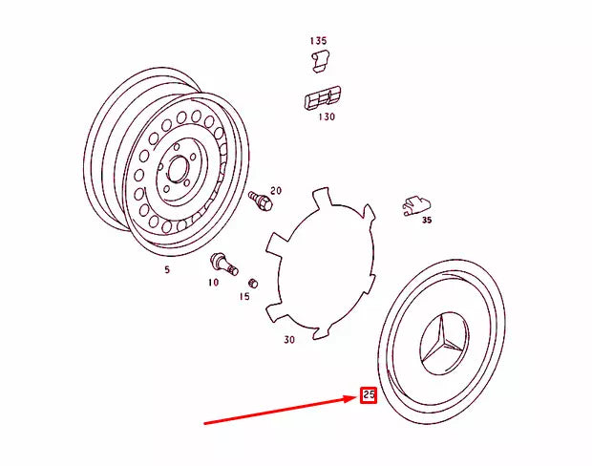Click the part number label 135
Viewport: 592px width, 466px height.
click(x=318, y=41)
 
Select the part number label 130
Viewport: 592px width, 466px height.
click(x=327, y=117)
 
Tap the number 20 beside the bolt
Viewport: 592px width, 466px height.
click(x=276, y=191)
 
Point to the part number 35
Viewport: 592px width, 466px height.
click(x=426, y=220)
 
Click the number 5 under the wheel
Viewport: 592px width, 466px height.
click(x=167, y=270)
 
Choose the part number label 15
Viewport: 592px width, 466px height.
click(x=244, y=297)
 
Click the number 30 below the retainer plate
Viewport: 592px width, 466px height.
click(x=289, y=339)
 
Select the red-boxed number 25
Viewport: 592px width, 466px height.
click(x=369, y=393)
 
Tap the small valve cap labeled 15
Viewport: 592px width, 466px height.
click(x=253, y=284)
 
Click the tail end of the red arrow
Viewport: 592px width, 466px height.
click(x=204, y=421)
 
